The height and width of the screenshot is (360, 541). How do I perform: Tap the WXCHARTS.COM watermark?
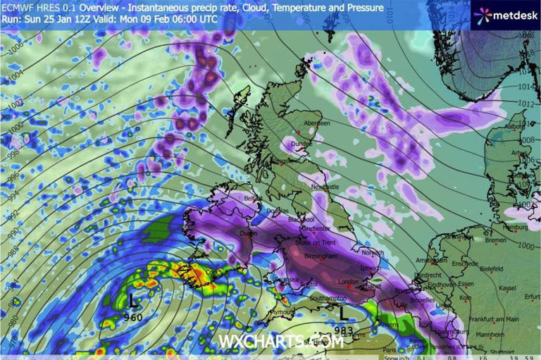click(281, 342)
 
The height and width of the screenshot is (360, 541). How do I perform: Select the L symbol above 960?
click(132, 302)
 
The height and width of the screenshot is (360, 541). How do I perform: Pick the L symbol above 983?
click(343, 311)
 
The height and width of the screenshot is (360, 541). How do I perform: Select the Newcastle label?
click(325, 187)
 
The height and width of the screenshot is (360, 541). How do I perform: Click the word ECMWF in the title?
click(19, 8)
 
